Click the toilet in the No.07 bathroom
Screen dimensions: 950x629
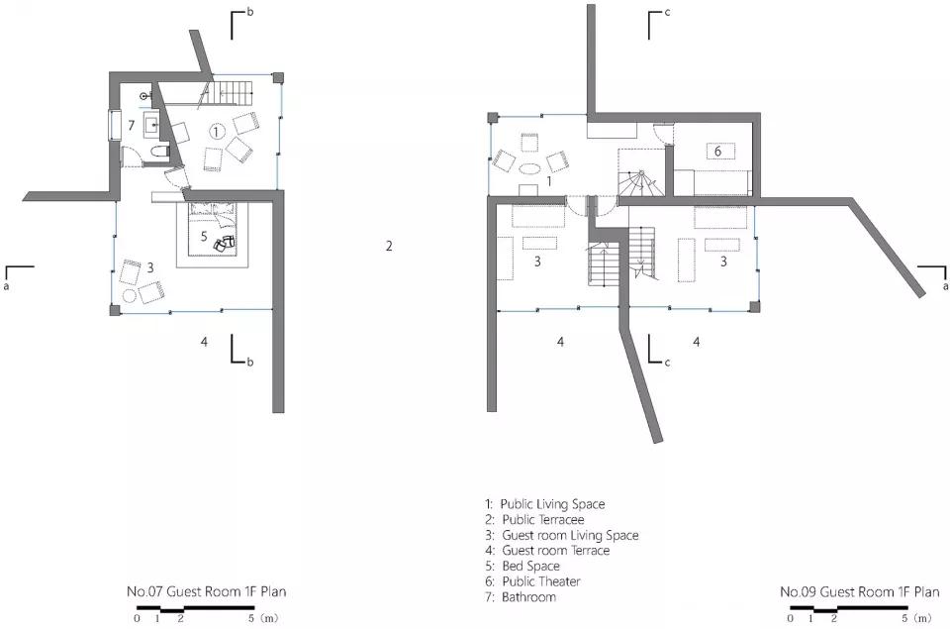point(158,151)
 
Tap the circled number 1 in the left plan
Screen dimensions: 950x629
point(217,131)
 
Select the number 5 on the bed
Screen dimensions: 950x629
point(204,236)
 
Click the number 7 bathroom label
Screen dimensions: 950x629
point(131,126)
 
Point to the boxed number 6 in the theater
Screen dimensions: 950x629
point(718,151)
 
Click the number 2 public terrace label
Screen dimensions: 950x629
point(389,246)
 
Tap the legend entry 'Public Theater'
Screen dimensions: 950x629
point(541,581)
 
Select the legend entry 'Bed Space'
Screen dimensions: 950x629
point(530,567)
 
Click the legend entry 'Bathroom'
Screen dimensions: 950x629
point(528,597)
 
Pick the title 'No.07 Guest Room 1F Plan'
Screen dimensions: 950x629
point(206,591)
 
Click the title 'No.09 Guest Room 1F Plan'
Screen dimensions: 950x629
point(860,591)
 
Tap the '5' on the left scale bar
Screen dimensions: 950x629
point(250,619)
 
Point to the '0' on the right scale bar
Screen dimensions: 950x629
point(790,619)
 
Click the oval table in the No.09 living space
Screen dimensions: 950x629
point(530,168)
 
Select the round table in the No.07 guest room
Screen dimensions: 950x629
point(129,296)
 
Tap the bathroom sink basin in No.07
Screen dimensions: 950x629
point(151,126)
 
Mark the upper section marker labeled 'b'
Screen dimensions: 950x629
point(238,23)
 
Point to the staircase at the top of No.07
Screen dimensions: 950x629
point(230,90)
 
